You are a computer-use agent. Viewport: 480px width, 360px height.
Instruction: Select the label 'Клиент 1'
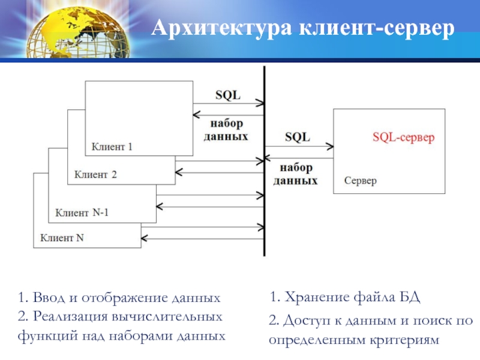click(x=112, y=146)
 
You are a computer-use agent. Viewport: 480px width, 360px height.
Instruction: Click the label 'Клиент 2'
click(x=95, y=175)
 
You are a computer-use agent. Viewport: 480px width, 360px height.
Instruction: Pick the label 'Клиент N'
click(x=62, y=237)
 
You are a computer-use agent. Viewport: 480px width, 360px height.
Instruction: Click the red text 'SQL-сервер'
click(x=403, y=137)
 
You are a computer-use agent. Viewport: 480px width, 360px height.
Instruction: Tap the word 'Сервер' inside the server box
click(x=360, y=181)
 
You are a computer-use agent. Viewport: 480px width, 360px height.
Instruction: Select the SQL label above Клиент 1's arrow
click(x=227, y=95)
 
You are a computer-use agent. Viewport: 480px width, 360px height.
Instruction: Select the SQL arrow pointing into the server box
click(x=299, y=146)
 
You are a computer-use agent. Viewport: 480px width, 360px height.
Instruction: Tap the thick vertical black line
click(x=264, y=180)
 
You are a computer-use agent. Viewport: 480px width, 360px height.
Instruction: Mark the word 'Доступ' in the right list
click(x=302, y=321)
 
